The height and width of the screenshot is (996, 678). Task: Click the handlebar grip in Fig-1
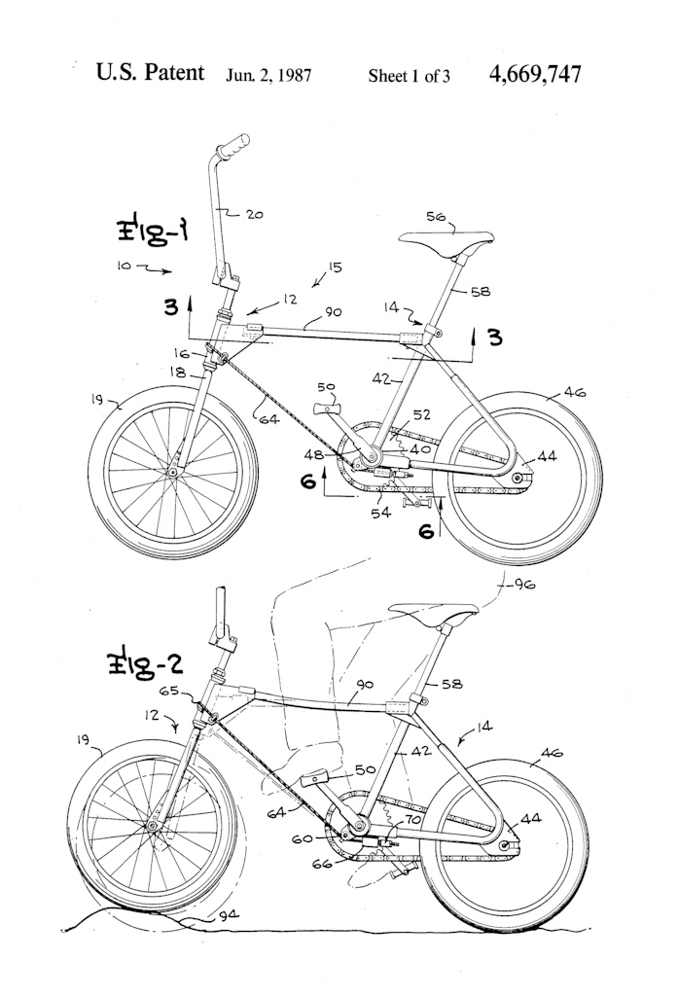[232, 146]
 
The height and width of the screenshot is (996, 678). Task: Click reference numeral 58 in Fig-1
[479, 291]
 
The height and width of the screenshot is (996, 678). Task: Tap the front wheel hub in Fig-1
[173, 473]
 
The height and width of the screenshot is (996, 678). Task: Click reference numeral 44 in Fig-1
[547, 454]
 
